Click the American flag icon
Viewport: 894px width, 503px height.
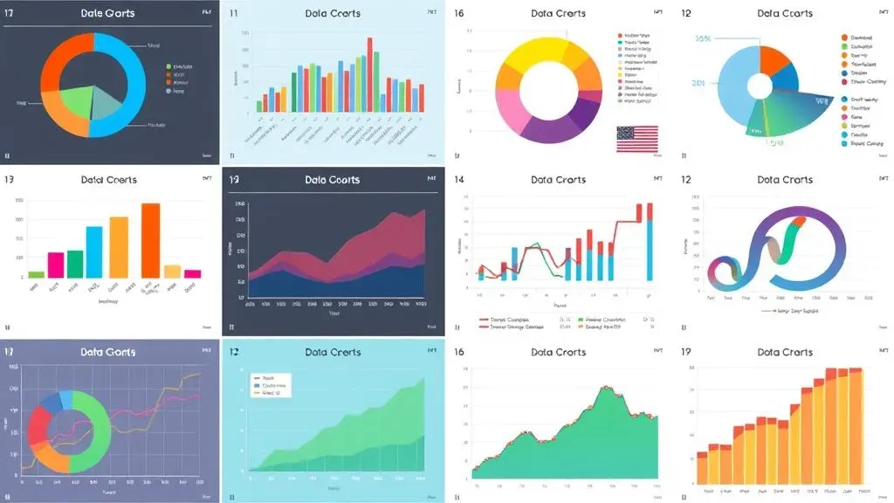pos(637,139)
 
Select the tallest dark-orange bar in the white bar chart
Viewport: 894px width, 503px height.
pos(150,240)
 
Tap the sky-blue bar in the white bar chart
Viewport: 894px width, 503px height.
pos(94,251)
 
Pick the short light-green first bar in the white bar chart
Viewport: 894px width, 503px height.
pos(36,273)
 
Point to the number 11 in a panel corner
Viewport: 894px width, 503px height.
pos(233,14)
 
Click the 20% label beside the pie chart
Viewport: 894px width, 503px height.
pos(698,83)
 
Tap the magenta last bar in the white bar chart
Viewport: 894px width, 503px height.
pos(192,273)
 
